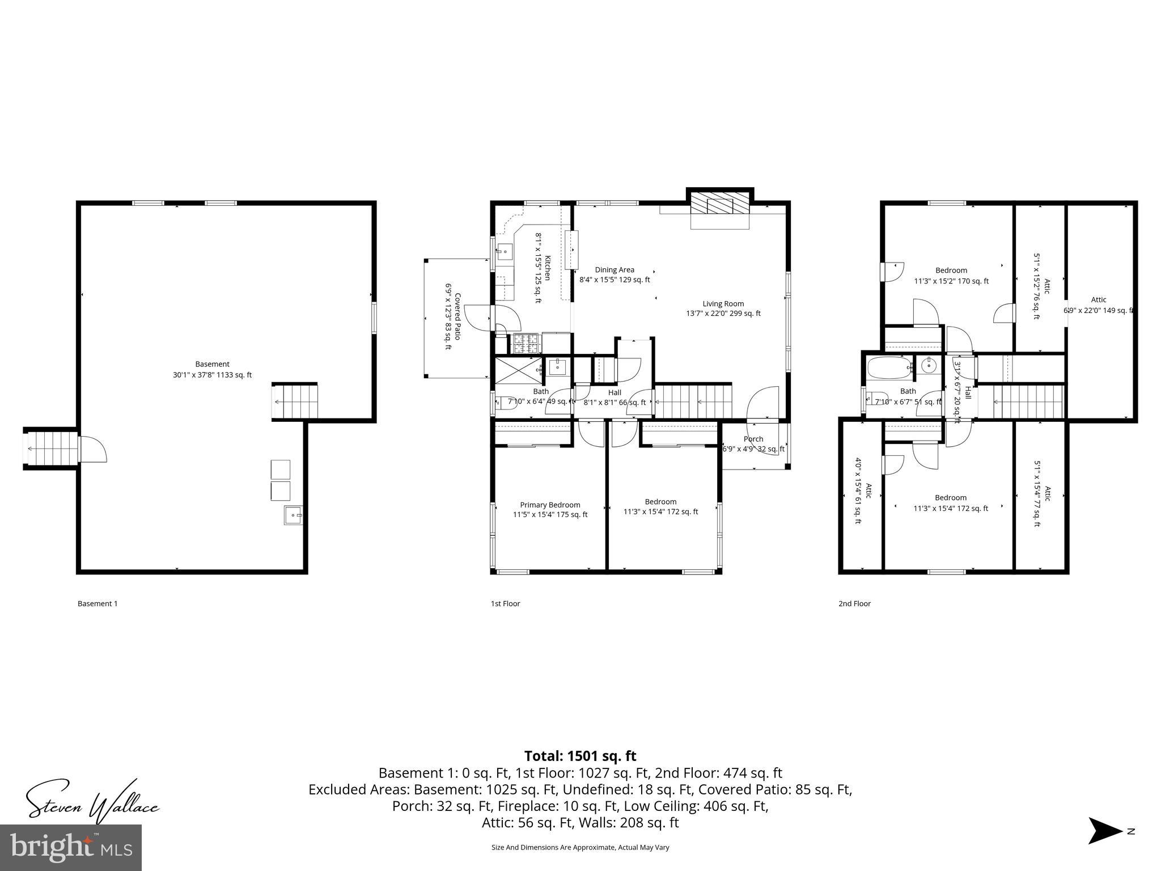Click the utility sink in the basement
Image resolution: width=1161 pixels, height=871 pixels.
point(293,515)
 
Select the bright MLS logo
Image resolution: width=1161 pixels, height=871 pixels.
point(71,847)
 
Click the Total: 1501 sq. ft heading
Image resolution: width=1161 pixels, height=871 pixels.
point(580,756)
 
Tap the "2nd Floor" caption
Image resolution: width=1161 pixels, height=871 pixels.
point(854,603)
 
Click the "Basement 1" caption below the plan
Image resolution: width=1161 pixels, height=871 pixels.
point(98,603)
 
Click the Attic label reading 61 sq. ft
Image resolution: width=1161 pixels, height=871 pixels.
point(863,498)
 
